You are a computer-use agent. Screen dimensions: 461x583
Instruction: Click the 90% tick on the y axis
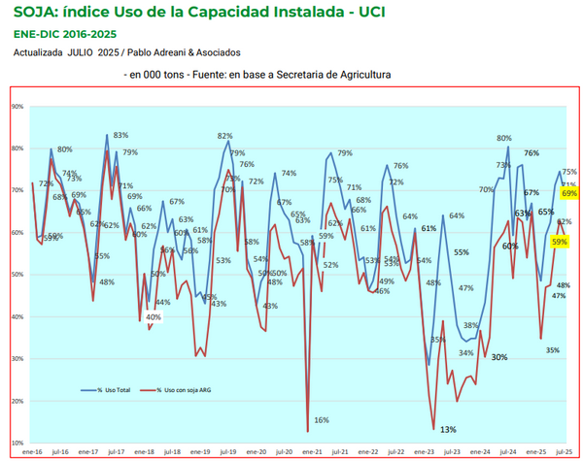tap(17, 106)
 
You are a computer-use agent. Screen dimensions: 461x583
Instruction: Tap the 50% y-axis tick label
tap(17, 274)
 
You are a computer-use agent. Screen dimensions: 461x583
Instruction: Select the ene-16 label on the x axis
tap(31, 451)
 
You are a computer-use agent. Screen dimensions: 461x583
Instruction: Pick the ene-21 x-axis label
tap(313, 451)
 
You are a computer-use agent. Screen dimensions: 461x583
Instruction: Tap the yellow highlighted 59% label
tap(559, 241)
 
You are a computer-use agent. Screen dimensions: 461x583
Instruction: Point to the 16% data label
tap(321, 420)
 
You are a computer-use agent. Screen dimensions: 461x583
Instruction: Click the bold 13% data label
tap(448, 429)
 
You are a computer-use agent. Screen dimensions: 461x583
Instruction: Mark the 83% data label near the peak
tap(120, 136)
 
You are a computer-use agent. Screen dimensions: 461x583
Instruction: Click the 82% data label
tap(224, 136)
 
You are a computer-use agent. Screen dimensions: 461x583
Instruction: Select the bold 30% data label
tap(499, 357)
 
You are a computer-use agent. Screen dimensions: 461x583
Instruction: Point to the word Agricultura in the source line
tap(359, 74)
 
